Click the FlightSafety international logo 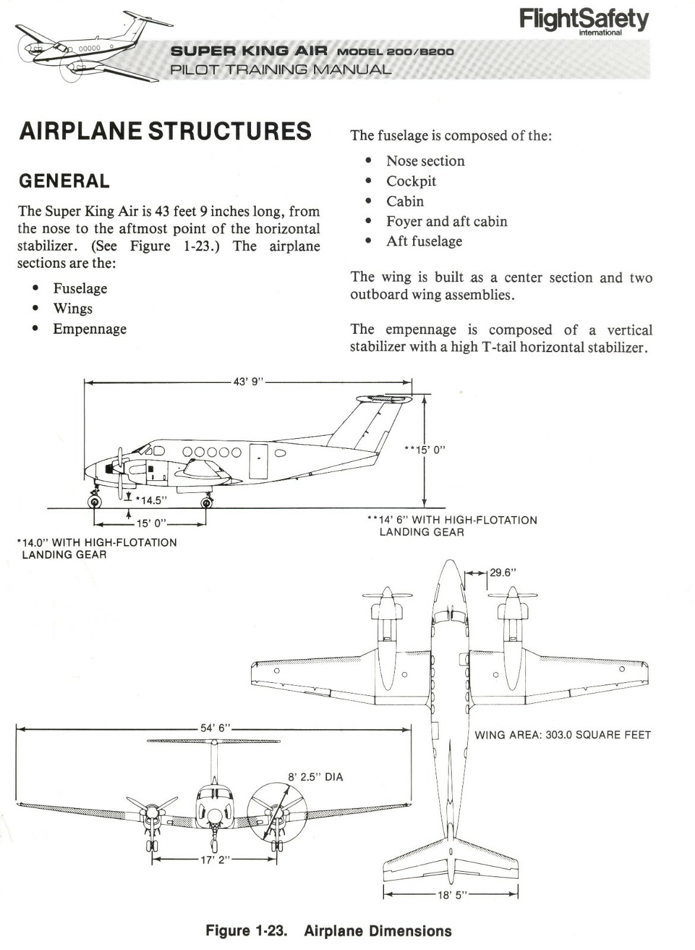[x=584, y=21]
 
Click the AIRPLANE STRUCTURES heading [x=165, y=131]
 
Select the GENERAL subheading [x=64, y=181]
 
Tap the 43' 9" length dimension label [x=248, y=382]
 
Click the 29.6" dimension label [x=503, y=573]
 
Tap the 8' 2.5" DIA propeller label [x=315, y=777]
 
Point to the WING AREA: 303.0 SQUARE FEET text [x=563, y=735]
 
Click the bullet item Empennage [x=90, y=329]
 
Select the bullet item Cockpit [x=411, y=181]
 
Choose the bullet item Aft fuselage [x=424, y=242]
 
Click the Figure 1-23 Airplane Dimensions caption [x=328, y=930]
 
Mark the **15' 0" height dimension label [x=424, y=449]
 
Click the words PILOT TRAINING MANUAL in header [x=281, y=69]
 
